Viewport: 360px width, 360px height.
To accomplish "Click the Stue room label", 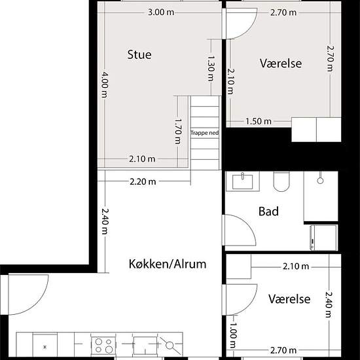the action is pyautogui.click(x=139, y=54).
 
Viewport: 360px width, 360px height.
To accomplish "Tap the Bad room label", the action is pyautogui.click(x=268, y=211).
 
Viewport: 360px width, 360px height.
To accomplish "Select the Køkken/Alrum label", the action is pyautogui.click(x=168, y=264).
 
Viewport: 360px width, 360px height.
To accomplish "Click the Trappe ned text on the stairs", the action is pyautogui.click(x=205, y=133).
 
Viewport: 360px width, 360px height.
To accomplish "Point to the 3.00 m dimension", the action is pyautogui.click(x=161, y=12).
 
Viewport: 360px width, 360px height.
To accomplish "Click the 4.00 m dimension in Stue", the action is pyautogui.click(x=105, y=84).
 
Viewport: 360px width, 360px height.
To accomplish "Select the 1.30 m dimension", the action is pyautogui.click(x=211, y=69).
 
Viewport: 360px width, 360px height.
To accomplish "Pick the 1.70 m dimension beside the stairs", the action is pyautogui.click(x=179, y=131).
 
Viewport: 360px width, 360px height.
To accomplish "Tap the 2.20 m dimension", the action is pyautogui.click(x=143, y=182).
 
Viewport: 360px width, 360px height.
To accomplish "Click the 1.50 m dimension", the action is pyautogui.click(x=259, y=121).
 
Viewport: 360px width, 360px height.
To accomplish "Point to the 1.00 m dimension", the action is pyautogui.click(x=233, y=335).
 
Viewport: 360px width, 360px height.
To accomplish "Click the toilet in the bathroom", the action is pyautogui.click(x=281, y=181).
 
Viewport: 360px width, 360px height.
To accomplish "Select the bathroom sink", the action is pyautogui.click(x=243, y=181).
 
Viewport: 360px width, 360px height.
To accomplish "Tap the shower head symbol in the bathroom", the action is pyautogui.click(x=320, y=181).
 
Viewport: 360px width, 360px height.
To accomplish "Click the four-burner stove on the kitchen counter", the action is pyautogui.click(x=103, y=346).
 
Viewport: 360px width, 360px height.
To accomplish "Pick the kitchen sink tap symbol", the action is pyautogui.click(x=170, y=346).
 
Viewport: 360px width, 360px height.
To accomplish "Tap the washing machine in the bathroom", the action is pyautogui.click(x=324, y=238).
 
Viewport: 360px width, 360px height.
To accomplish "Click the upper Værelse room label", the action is pyautogui.click(x=281, y=63).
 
